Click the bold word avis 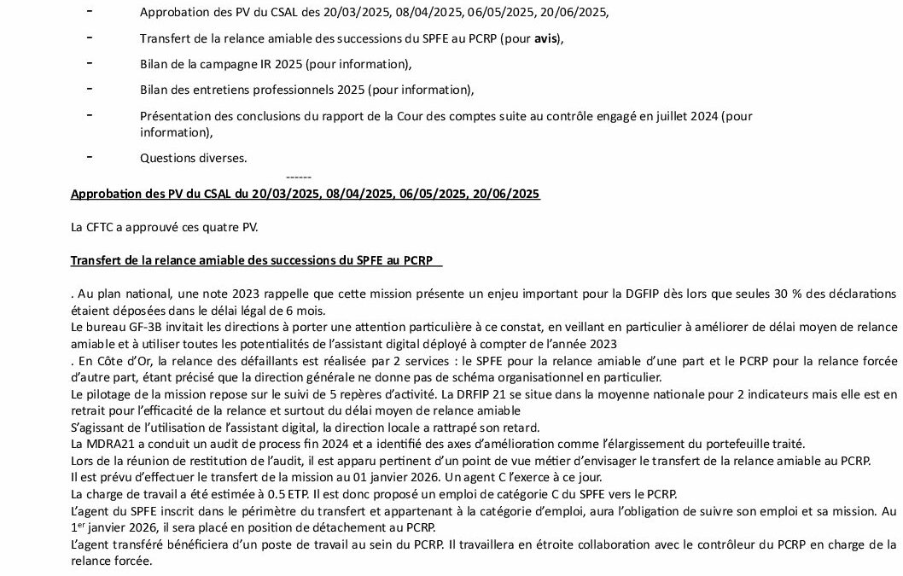[x=547, y=38]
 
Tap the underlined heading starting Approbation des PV [x=306, y=194]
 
